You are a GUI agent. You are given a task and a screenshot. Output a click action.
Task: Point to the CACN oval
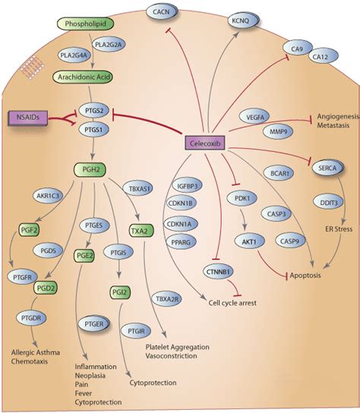click(x=163, y=12)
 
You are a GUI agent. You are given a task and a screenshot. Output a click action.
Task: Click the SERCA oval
click(x=330, y=170)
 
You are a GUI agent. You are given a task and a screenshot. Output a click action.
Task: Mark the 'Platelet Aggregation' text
click(x=188, y=348)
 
